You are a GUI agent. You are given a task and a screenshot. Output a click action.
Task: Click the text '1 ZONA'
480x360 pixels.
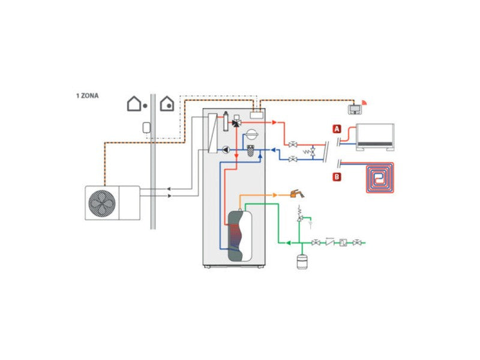tap(88, 95)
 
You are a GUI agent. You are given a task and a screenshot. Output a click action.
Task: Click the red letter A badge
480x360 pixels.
tap(337, 128)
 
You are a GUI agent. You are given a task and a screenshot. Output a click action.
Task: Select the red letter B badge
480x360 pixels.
tap(337, 176)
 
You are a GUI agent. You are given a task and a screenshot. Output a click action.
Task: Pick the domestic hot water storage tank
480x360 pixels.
tap(239, 233)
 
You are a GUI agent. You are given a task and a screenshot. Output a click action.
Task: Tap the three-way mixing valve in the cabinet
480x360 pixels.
tap(236, 122)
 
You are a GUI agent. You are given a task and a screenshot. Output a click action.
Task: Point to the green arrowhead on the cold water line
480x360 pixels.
tap(288, 242)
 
